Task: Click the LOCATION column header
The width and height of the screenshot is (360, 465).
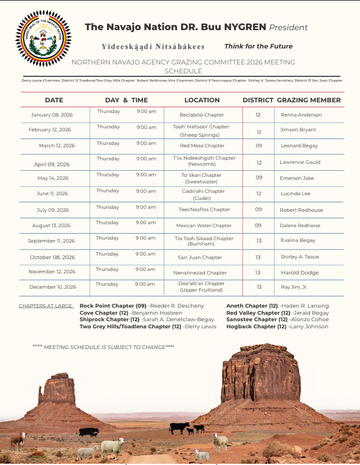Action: coord(202,100)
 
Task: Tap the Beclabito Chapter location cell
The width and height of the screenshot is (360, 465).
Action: coord(202,115)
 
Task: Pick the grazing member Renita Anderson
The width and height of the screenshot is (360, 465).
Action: coord(301,115)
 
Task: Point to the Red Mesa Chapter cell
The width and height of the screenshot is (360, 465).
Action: coord(202,146)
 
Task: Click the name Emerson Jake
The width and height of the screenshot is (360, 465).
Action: coord(297,178)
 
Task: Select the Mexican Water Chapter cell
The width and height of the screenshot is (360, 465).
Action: coord(203,225)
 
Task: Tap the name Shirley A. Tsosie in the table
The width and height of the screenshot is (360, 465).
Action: coord(299,257)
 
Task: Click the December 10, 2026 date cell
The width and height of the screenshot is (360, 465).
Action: coord(53,287)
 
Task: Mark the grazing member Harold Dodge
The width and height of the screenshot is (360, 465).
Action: coord(299,273)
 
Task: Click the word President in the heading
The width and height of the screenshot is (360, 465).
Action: coord(288,27)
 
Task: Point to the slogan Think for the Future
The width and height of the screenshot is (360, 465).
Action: coord(258,46)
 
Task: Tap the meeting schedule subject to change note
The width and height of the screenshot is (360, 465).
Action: coord(103,347)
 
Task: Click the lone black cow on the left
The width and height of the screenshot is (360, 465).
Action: coord(89,432)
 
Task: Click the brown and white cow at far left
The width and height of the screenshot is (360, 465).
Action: coord(18,440)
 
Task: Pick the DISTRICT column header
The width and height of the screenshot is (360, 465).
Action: coord(258,100)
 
